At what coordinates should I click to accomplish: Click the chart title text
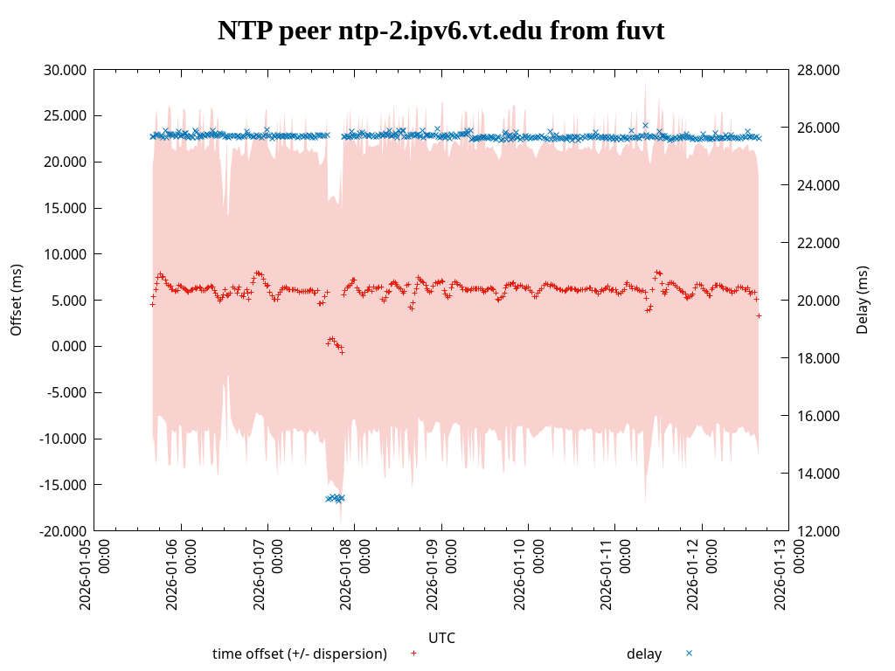coord(441,31)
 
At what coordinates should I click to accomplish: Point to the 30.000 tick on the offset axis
coord(66,70)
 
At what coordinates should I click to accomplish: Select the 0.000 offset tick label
coord(69,347)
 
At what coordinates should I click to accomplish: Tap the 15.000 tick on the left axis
coord(66,208)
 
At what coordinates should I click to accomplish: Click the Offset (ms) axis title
coord(16,300)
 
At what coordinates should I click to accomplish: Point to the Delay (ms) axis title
coord(863,300)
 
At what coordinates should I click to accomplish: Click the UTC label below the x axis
coord(441,638)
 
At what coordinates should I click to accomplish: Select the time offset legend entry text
coord(300,654)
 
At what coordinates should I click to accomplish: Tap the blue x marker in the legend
coord(689,653)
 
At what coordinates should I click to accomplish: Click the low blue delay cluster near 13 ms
coord(335,498)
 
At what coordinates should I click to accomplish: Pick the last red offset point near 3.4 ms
coord(759,315)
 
